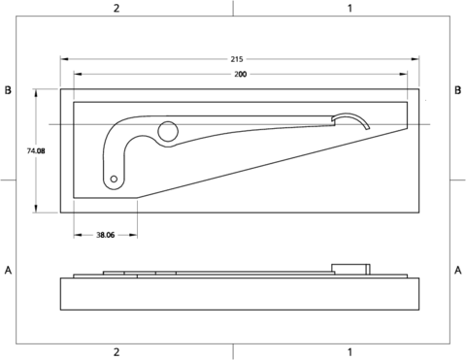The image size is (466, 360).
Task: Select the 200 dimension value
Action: click(x=239, y=74)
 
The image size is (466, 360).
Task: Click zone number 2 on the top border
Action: click(x=116, y=8)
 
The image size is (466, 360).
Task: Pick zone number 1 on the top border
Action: click(x=349, y=8)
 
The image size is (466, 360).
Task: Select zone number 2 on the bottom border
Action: click(x=116, y=351)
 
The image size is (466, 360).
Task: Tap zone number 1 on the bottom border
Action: click(x=349, y=351)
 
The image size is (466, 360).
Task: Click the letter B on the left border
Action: click(x=8, y=90)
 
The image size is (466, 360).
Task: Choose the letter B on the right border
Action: click(x=457, y=90)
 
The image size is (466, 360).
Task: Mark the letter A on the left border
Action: click(x=8, y=269)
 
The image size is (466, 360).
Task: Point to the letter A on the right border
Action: click(x=457, y=269)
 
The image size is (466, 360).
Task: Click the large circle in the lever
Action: click(x=168, y=132)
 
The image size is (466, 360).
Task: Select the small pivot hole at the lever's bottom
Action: click(x=115, y=180)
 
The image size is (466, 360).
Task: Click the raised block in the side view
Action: click(x=349, y=269)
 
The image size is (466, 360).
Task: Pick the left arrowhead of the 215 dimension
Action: click(x=64, y=59)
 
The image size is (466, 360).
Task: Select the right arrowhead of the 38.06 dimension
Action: click(x=134, y=235)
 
